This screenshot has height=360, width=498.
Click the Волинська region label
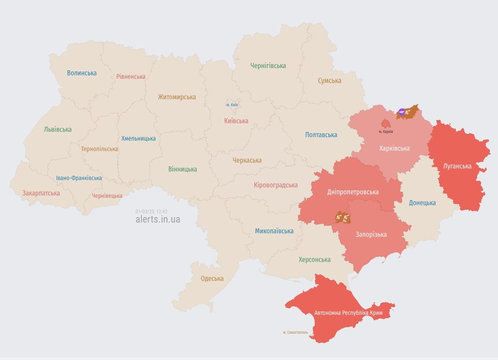82,73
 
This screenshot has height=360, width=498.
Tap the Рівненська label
131,76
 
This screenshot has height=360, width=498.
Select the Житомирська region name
177,97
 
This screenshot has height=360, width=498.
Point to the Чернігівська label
268,66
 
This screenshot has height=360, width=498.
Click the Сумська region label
329,81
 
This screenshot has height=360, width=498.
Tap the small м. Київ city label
232,105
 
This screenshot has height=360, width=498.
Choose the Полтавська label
321,135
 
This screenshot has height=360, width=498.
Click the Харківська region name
394,149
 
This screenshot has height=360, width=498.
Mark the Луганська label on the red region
457,166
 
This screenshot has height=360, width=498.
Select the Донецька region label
422,203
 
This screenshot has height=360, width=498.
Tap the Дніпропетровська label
352,192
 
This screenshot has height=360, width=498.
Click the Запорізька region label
371,234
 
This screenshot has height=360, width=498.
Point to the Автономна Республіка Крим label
348,313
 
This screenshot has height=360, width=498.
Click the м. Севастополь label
295,332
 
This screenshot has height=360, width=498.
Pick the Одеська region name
212,278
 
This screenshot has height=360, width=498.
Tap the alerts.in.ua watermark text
157,219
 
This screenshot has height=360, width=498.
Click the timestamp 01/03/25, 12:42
151,211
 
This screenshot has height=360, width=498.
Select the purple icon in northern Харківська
401,112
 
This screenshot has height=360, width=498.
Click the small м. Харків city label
386,132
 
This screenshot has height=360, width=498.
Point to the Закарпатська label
41,193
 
